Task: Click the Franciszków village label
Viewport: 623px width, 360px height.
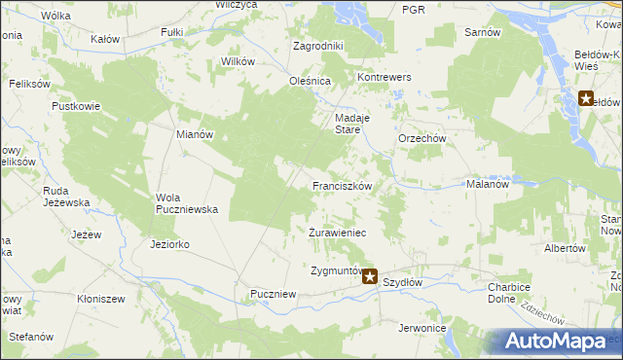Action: [x=342, y=185]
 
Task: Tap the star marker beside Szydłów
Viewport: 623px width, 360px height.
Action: [x=370, y=277]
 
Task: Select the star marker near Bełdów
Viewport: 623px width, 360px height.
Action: [x=586, y=98]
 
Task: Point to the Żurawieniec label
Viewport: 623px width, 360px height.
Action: [x=337, y=234]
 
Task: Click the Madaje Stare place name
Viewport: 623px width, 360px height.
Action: [x=348, y=122]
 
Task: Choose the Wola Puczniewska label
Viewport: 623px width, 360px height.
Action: [x=186, y=202]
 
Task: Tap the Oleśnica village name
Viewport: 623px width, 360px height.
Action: [x=311, y=81]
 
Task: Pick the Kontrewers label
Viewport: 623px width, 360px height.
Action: [x=385, y=77]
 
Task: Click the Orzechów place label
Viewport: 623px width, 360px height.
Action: [x=421, y=138]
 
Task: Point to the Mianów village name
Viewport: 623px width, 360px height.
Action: [x=194, y=135]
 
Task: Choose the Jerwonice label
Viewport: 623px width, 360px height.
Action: [x=422, y=328]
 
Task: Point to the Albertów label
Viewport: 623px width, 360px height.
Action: [x=566, y=248]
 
